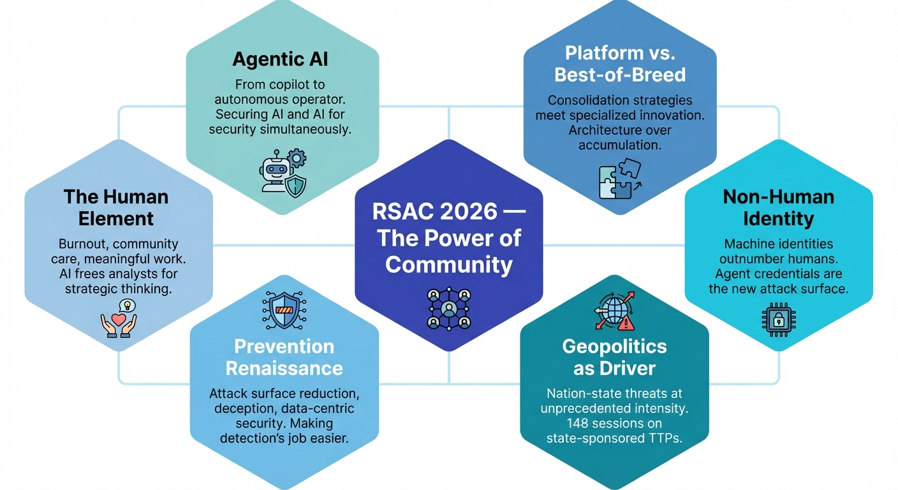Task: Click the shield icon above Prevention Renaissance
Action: [x=284, y=311]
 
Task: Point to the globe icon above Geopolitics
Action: [x=614, y=311]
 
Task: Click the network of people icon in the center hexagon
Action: [x=448, y=308]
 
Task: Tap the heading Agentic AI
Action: [x=280, y=59]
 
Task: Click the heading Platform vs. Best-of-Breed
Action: [x=620, y=64]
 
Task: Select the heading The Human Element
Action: [x=116, y=207]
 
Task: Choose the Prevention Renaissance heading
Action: [x=284, y=357]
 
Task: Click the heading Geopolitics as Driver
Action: [x=614, y=357]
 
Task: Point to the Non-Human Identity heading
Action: [x=778, y=207]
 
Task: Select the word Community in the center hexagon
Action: [x=448, y=264]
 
